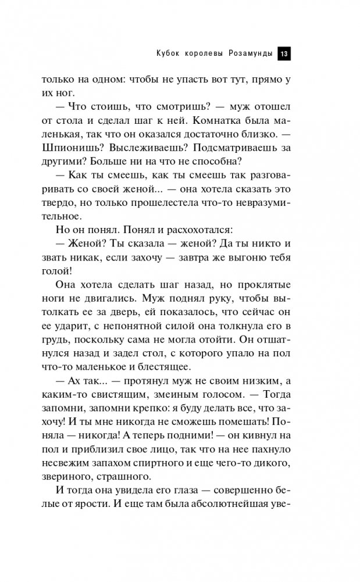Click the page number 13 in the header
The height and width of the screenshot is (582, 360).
(284, 53)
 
